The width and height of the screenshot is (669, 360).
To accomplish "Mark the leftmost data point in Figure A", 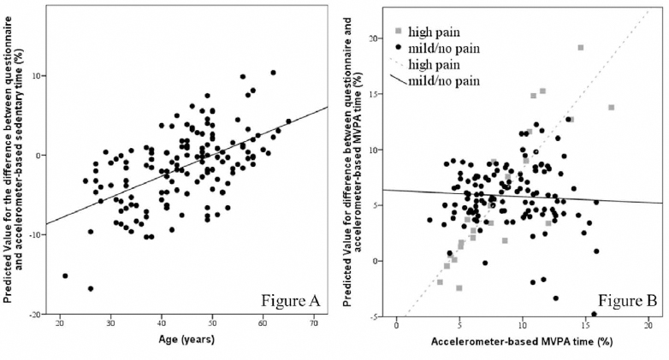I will coord(65,275).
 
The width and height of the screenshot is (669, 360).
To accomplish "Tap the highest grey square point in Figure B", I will coord(581,48).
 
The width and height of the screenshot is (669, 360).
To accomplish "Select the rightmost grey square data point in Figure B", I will coord(611,108).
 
